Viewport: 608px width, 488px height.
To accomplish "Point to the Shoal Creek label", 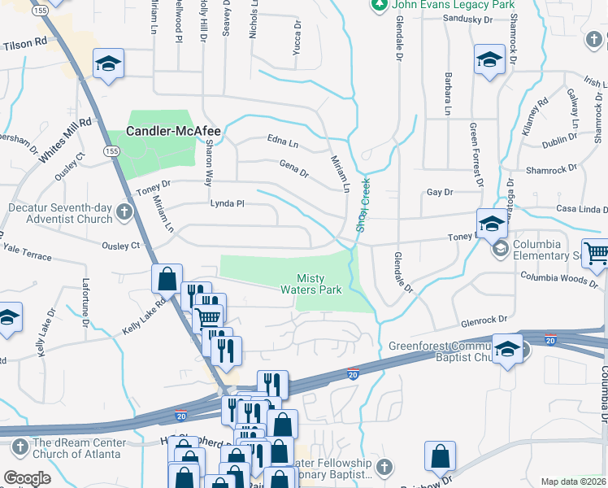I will [364, 204].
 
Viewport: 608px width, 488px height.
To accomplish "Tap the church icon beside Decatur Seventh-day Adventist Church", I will [124, 212].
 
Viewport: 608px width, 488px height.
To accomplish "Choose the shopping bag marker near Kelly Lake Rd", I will [167, 279].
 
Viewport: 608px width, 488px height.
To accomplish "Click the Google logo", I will [27, 478].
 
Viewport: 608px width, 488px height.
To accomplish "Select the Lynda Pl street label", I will [228, 203].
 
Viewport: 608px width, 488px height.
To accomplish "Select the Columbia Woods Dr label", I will [560, 278].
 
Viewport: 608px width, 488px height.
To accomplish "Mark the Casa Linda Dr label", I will [580, 208].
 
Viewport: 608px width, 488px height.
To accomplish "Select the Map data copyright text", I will [573, 481].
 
